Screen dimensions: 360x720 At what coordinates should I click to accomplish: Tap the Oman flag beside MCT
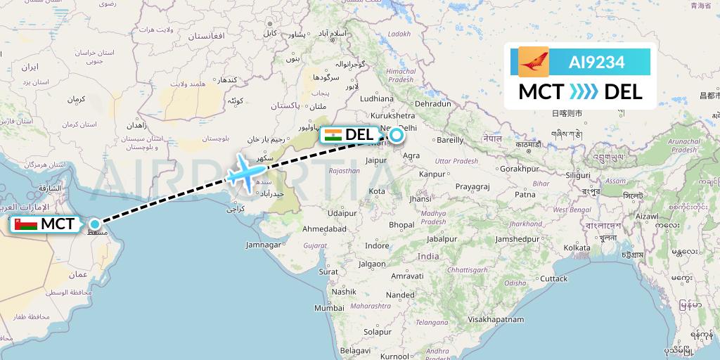tap(26, 224)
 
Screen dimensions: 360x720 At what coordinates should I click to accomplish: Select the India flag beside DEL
tap(333, 134)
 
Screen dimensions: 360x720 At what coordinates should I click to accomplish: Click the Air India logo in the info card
tap(533, 62)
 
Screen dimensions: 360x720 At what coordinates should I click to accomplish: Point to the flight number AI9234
tap(596, 62)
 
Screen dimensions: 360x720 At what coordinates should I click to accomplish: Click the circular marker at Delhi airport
tap(396, 134)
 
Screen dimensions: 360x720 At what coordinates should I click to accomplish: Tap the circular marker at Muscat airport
tap(94, 224)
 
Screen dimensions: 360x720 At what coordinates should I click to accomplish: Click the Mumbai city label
tap(329, 308)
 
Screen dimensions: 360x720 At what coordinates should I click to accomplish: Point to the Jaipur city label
tap(378, 160)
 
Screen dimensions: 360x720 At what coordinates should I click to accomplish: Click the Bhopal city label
tap(401, 225)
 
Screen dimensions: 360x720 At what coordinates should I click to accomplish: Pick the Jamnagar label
tap(264, 244)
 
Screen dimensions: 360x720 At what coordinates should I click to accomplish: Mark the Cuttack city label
tap(553, 279)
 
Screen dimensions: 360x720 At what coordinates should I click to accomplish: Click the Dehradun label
tap(433, 103)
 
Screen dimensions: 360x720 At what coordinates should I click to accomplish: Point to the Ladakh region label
tap(399, 33)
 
